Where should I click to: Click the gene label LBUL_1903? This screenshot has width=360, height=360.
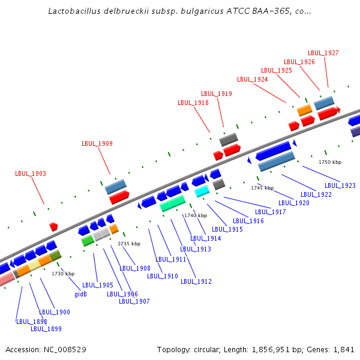coord(31,174)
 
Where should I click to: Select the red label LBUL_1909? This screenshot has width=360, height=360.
coord(97,143)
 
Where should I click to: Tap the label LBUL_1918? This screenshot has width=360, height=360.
coord(193,103)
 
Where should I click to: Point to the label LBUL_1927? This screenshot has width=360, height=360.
coord(323,53)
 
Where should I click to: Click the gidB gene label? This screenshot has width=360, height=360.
coord(81,294)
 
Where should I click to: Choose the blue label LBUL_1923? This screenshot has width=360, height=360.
coord(340,185)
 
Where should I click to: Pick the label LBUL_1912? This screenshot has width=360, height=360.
coord(196,281)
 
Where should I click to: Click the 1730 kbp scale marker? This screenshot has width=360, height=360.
coord(63,274)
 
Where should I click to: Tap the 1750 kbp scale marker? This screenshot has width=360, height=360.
coord(330,162)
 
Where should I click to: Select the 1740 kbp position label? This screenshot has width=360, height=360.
coord(196,215)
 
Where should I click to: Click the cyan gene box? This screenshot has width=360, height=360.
coord(202,191)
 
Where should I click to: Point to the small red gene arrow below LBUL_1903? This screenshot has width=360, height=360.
coord(53,226)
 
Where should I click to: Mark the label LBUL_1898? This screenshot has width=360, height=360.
coord(32,322)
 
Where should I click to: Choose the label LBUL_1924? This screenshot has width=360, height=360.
coord(253,79)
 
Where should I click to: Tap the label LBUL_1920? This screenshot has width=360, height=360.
coord(294,203)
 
